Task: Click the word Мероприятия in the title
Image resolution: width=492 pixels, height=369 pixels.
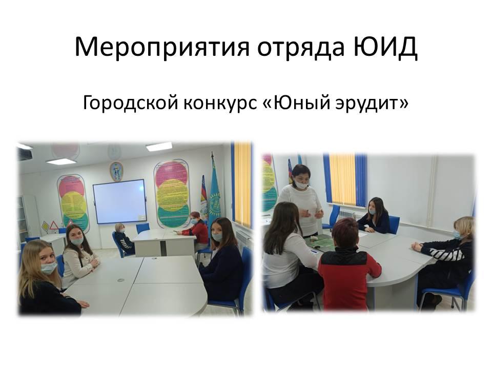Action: point(162,48)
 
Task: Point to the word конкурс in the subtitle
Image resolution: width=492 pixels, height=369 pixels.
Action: point(220,104)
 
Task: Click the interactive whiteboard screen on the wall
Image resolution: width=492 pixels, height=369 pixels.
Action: point(120,201)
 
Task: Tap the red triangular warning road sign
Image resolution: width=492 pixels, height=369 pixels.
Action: point(54,225)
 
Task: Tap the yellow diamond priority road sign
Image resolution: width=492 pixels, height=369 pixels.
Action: point(45,226)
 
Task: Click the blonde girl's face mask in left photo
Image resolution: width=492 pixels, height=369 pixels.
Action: point(49,268)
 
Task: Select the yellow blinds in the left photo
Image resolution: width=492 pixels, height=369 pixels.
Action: point(242,185)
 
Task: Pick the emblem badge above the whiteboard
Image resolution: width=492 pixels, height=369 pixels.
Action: point(116,171)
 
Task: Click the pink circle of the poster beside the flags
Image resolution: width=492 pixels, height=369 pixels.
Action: point(171,174)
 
